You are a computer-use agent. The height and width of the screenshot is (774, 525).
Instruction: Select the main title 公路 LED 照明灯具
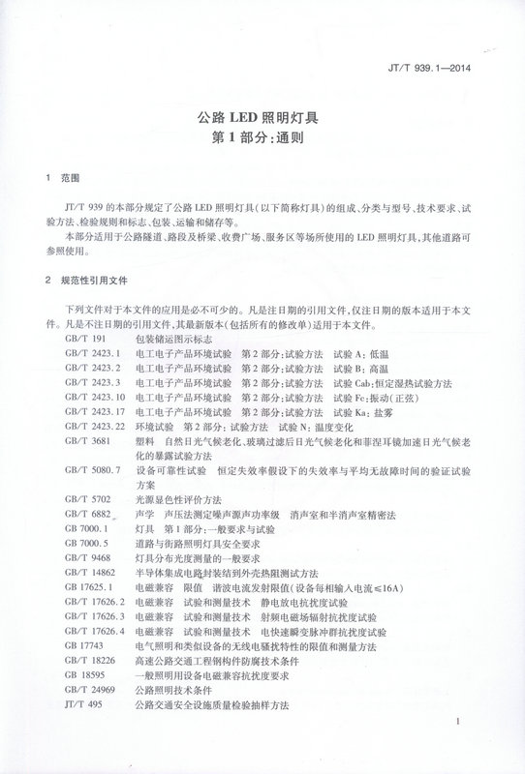coord(263,118)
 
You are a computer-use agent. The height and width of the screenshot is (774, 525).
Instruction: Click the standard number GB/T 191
coord(82,342)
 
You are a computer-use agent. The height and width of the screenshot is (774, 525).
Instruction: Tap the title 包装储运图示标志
coord(173,342)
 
